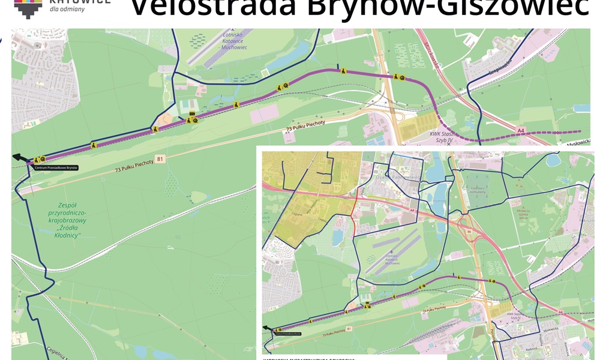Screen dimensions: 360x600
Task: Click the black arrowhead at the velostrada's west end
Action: pos(19,158)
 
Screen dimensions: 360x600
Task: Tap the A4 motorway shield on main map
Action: pos(521,129)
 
